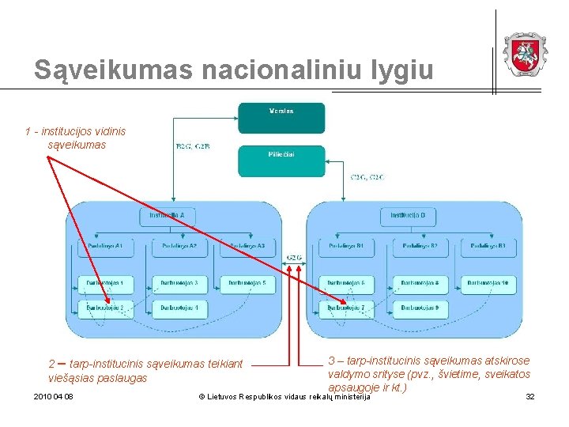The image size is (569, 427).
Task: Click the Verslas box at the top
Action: (x=281, y=117)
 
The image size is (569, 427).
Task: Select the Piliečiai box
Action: (x=281, y=161)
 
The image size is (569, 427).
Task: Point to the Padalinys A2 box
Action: (x=179, y=247)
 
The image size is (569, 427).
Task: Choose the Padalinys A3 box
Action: (x=247, y=247)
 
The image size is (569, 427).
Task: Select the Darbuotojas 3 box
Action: (x=179, y=283)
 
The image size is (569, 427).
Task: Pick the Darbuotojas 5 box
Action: (x=247, y=283)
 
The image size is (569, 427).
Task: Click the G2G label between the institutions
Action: (x=293, y=257)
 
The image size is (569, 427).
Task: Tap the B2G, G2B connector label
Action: (x=193, y=146)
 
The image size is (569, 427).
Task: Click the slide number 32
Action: (x=530, y=396)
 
